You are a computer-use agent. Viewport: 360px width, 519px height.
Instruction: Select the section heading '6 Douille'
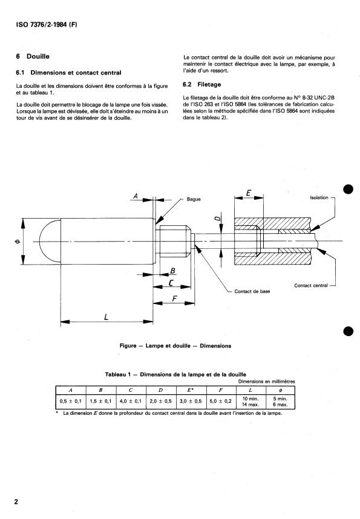(34, 56)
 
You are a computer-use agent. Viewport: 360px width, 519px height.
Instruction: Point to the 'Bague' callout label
(194, 199)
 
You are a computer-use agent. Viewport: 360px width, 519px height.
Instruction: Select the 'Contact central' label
(311, 285)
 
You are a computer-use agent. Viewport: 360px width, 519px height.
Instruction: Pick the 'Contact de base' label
(252, 291)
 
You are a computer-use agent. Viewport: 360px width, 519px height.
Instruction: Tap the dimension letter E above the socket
(249, 194)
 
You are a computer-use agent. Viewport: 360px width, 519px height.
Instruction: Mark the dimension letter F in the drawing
(174, 299)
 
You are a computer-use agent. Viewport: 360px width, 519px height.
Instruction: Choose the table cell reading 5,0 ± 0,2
(221, 401)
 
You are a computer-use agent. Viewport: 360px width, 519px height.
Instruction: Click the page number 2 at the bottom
(17, 501)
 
